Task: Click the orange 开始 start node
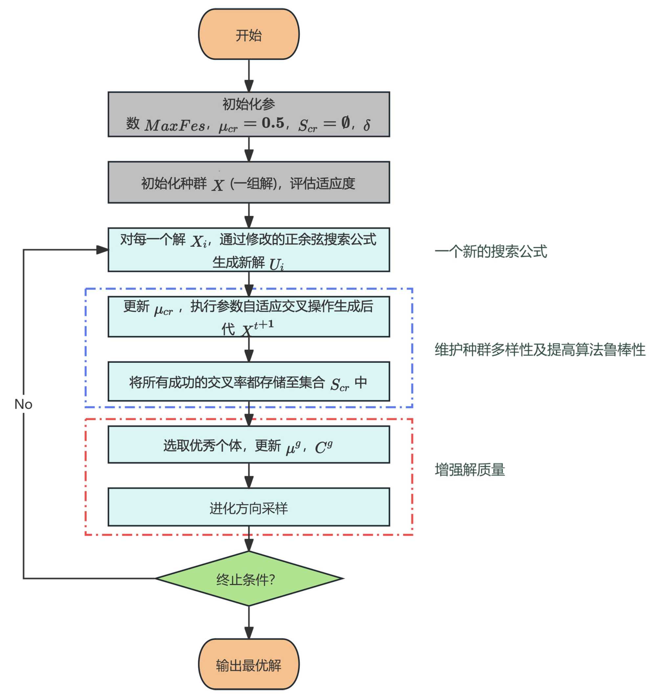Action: (x=249, y=34)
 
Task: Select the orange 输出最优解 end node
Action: (x=249, y=665)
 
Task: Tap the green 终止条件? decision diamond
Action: (x=249, y=579)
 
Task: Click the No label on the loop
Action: (x=23, y=404)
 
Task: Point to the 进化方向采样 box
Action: (x=249, y=508)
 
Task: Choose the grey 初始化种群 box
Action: (x=249, y=183)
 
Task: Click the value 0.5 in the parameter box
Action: (x=273, y=123)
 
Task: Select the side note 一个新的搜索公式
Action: (x=491, y=251)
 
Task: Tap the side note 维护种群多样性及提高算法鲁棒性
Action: (x=540, y=350)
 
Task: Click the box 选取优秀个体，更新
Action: (x=249, y=445)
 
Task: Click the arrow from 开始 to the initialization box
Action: (x=249, y=76)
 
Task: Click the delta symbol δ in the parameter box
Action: (x=367, y=125)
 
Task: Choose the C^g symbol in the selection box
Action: (x=323, y=447)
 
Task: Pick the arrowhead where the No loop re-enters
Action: (x=102, y=250)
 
